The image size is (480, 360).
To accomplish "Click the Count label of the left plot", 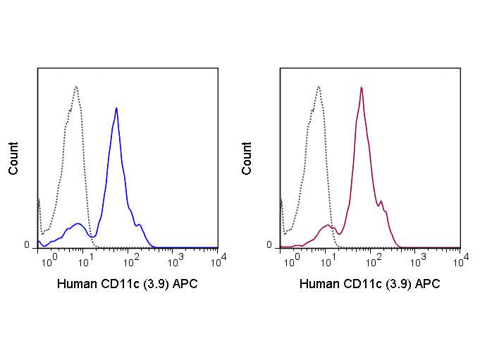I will click(14, 159).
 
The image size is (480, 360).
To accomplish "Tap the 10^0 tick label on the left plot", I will click(48, 263).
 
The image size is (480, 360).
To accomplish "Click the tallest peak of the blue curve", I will click(116, 108).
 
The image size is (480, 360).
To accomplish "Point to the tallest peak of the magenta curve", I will click(362, 88).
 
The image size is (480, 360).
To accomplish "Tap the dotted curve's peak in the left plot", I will click(75, 87).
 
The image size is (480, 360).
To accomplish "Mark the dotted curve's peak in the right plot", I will click(319, 87).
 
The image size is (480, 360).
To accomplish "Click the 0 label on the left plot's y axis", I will click(27, 245).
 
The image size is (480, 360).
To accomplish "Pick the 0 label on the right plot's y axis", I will click(269, 245).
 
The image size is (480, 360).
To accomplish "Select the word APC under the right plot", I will click(426, 285).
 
